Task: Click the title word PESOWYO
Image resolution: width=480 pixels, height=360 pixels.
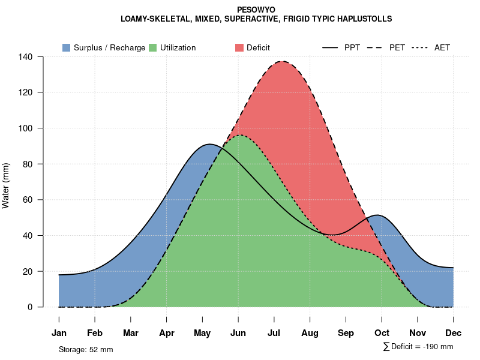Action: coord(256,10)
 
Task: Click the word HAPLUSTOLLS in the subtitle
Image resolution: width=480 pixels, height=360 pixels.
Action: coord(365,19)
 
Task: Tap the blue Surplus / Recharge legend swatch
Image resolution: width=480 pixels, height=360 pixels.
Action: coord(66,47)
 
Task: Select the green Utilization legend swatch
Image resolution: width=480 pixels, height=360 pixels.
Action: coord(152,47)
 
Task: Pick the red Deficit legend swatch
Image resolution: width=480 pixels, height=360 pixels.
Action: coord(239,47)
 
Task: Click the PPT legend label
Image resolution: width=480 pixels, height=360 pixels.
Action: coord(352,47)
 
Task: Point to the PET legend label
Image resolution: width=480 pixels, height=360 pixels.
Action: coord(397,47)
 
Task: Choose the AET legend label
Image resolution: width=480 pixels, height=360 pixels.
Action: coord(442,47)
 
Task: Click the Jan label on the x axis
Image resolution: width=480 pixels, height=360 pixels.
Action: coord(59,333)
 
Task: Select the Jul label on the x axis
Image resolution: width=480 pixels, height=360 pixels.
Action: coord(274,333)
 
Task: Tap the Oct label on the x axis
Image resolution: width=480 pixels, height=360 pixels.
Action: coord(382,333)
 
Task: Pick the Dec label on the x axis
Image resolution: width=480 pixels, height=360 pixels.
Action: coord(454,333)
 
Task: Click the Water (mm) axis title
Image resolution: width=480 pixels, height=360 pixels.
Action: coord(6,186)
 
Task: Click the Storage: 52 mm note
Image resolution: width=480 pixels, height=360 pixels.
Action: coord(86,349)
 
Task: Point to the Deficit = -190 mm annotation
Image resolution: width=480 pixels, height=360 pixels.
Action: coord(418,347)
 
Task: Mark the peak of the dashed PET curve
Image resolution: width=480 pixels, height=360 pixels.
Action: coord(281,61)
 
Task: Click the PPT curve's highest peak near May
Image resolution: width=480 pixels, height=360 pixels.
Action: coord(209,144)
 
